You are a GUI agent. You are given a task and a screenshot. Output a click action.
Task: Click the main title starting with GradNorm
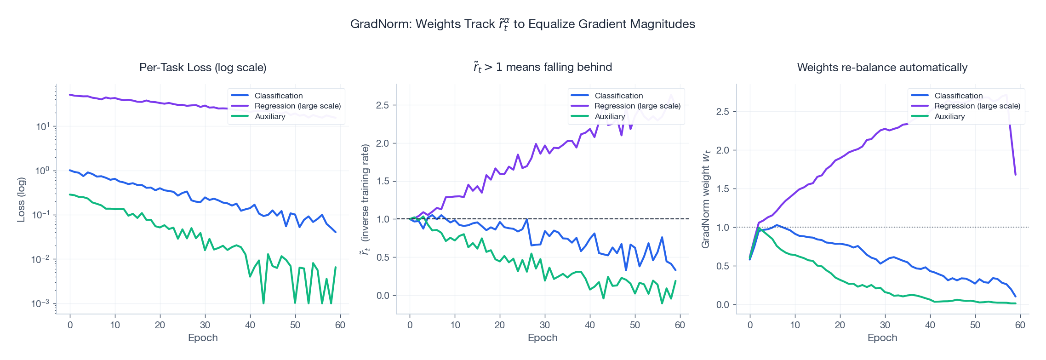(x=522, y=24)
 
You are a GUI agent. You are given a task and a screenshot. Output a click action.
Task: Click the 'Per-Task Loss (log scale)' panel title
(x=203, y=68)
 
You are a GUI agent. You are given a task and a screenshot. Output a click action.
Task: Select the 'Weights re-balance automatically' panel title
(x=882, y=68)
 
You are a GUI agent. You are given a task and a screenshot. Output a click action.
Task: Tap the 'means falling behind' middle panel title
(x=543, y=68)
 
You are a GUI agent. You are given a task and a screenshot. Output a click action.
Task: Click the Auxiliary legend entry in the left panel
(x=270, y=116)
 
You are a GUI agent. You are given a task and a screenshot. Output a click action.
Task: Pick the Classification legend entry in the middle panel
(x=618, y=96)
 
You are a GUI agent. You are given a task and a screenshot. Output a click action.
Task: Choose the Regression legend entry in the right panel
(x=977, y=106)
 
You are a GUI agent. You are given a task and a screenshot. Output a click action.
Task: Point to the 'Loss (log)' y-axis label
(x=21, y=200)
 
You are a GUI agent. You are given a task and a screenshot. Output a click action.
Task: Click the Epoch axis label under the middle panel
(x=543, y=338)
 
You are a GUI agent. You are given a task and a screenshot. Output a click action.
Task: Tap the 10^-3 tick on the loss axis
(x=40, y=304)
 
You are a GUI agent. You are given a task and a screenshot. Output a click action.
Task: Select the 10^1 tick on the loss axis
(x=43, y=126)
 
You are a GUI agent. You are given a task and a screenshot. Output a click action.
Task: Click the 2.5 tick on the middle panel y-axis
(x=383, y=105)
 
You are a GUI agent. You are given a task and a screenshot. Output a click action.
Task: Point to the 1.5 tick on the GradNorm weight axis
(x=723, y=189)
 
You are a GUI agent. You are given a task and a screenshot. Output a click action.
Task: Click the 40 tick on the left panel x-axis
(x=250, y=325)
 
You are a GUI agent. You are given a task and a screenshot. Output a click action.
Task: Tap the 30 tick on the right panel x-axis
(x=885, y=325)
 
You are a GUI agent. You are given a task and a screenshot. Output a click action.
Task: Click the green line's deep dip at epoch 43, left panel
(x=263, y=303)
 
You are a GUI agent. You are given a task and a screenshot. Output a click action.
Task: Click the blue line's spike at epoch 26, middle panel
(x=526, y=219)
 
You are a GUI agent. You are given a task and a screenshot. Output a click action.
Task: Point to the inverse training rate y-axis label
(x=365, y=200)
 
